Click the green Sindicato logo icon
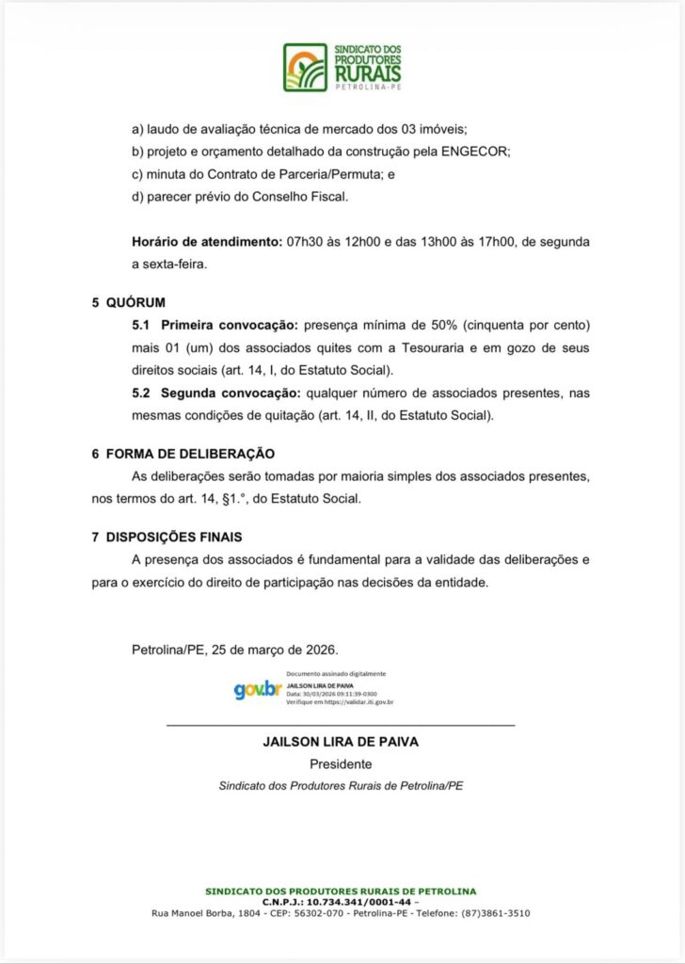coord(305,68)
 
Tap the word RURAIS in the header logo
coord(367,72)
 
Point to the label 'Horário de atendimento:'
coord(206,242)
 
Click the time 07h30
coord(303,242)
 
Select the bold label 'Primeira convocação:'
coord(228,326)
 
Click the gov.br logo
coord(257,689)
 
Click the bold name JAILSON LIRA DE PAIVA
coord(341,742)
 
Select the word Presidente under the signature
coord(341,764)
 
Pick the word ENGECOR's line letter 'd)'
coord(137,196)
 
